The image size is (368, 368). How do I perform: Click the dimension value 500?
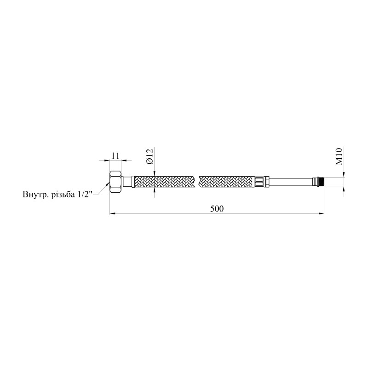click(x=217, y=208)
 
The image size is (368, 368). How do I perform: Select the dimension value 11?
click(x=115, y=156)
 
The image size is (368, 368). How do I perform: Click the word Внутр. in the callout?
click(x=36, y=194)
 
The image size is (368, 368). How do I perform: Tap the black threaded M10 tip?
click(x=322, y=181)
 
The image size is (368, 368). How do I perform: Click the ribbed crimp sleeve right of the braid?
click(x=260, y=181)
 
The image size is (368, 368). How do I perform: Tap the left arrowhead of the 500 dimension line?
click(x=112, y=213)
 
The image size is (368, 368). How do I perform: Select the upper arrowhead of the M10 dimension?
click(x=343, y=175)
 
